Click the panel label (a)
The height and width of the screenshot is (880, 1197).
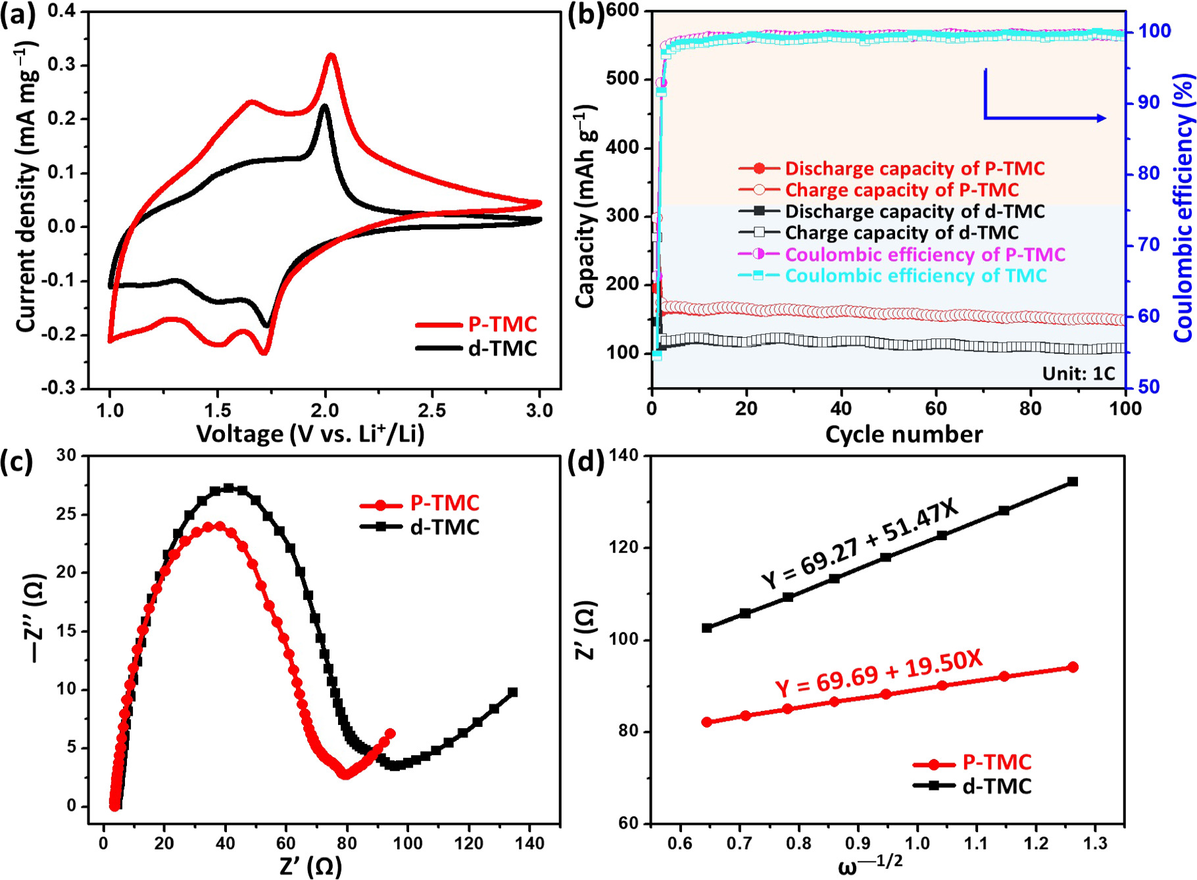(18, 14)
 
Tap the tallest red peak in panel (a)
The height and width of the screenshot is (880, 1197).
(331, 56)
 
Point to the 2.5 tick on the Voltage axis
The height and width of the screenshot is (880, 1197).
(432, 411)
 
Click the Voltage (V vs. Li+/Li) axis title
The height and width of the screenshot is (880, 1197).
(310, 434)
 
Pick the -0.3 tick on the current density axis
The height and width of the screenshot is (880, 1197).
(62, 388)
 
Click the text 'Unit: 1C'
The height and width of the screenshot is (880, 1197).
(1079, 373)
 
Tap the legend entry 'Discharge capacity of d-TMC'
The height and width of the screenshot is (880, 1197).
(914, 211)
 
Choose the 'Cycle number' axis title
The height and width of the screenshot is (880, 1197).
(904, 434)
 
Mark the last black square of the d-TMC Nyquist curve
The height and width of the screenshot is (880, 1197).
(513, 692)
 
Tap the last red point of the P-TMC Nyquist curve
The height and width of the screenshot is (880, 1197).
(390, 733)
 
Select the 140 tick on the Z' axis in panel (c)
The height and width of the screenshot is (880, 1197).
(529, 843)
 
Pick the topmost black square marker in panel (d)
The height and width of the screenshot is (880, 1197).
(1073, 482)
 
